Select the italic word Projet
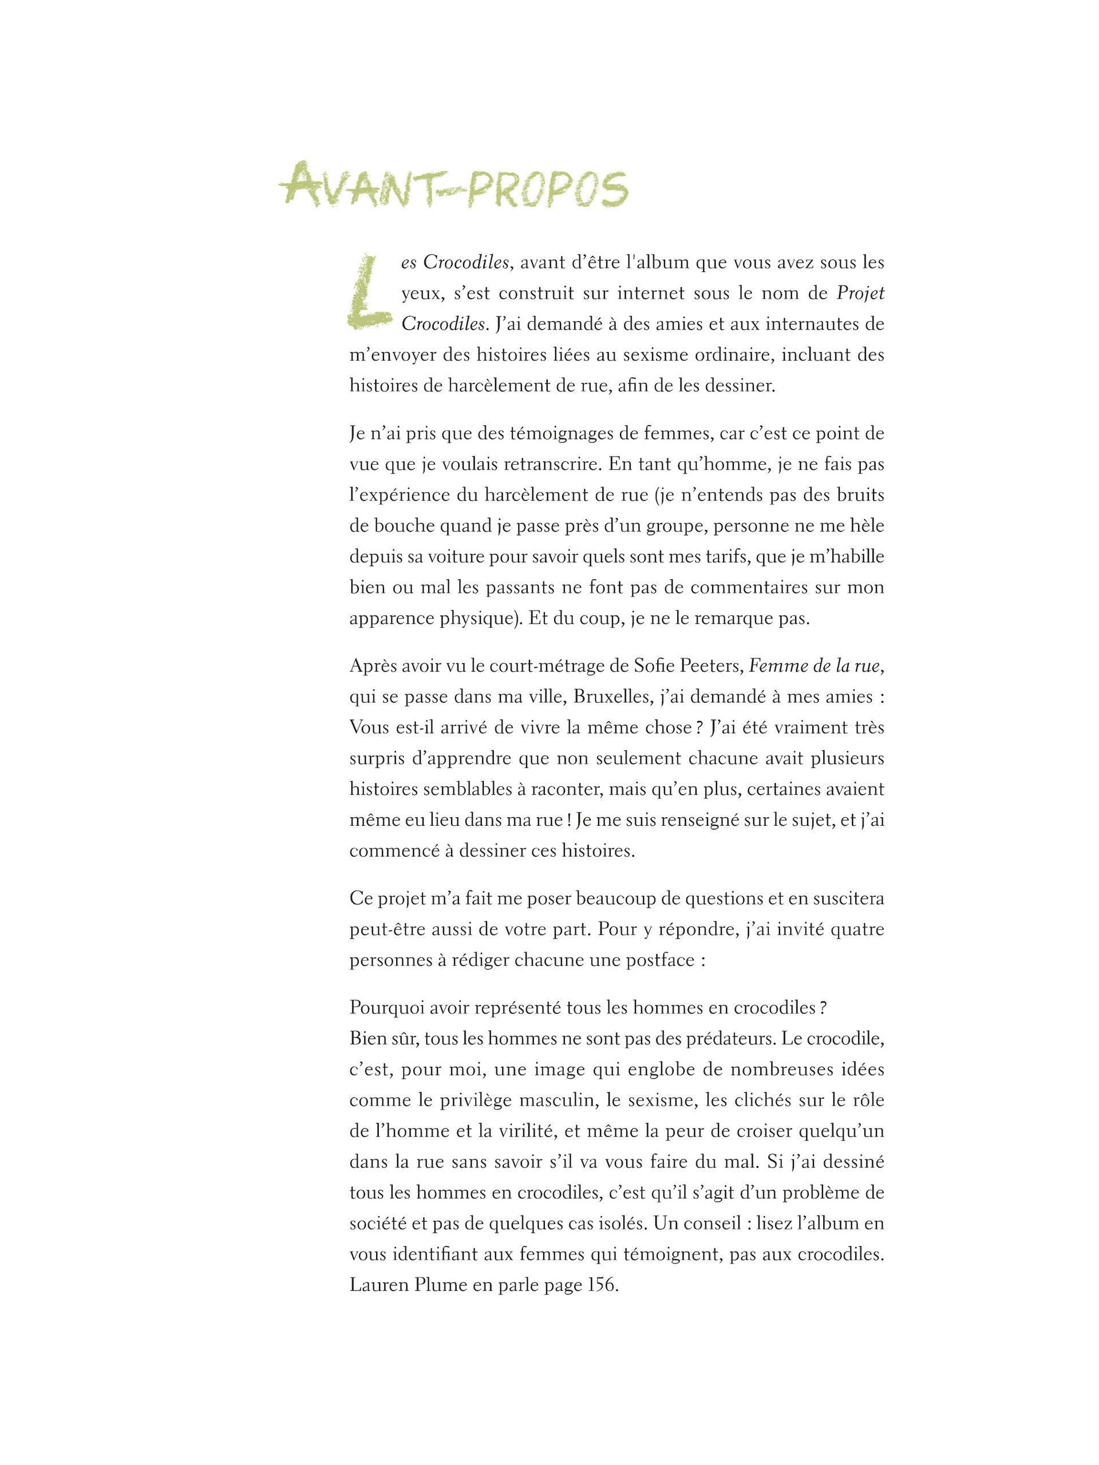[860, 293]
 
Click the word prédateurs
[724, 1038]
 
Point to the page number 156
[602, 1285]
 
